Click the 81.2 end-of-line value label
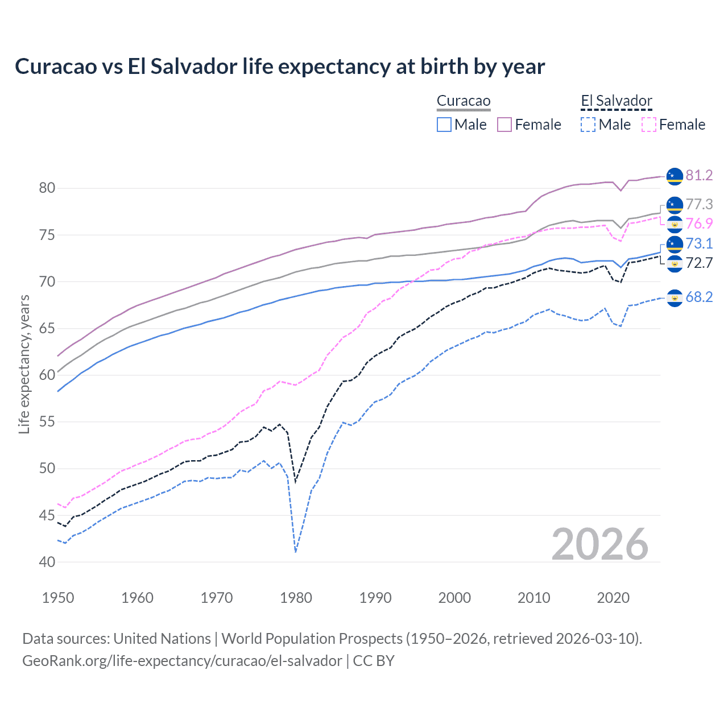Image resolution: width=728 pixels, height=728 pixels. [x=699, y=175]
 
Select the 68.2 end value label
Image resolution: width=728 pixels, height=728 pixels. [x=699, y=297]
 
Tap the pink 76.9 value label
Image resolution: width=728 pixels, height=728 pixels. [x=699, y=224]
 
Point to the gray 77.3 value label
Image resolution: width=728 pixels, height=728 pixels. [x=699, y=204]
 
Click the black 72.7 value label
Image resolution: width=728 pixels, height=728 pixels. [x=699, y=263]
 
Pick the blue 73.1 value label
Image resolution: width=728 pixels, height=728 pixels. [x=699, y=243]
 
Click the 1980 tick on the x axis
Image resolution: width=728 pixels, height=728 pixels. [x=296, y=598]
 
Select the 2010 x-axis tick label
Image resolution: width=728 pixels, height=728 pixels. [x=533, y=598]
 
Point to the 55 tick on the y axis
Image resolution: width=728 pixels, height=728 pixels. [x=47, y=422]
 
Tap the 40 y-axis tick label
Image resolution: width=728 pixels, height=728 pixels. [x=47, y=562]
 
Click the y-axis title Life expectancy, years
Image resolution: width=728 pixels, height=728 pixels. [x=24, y=364]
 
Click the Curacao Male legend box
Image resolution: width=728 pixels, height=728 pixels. [x=444, y=125]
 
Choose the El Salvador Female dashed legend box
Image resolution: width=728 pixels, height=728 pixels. [x=649, y=125]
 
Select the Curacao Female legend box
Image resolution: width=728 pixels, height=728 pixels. [x=505, y=125]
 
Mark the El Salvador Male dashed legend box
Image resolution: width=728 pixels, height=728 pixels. [x=588, y=125]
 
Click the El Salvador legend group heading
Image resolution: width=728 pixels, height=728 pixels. [x=616, y=101]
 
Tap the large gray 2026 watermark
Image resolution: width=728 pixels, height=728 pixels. [x=600, y=544]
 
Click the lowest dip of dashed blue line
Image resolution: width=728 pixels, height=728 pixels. [x=296, y=551]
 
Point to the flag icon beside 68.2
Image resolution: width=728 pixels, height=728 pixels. [x=675, y=297]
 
